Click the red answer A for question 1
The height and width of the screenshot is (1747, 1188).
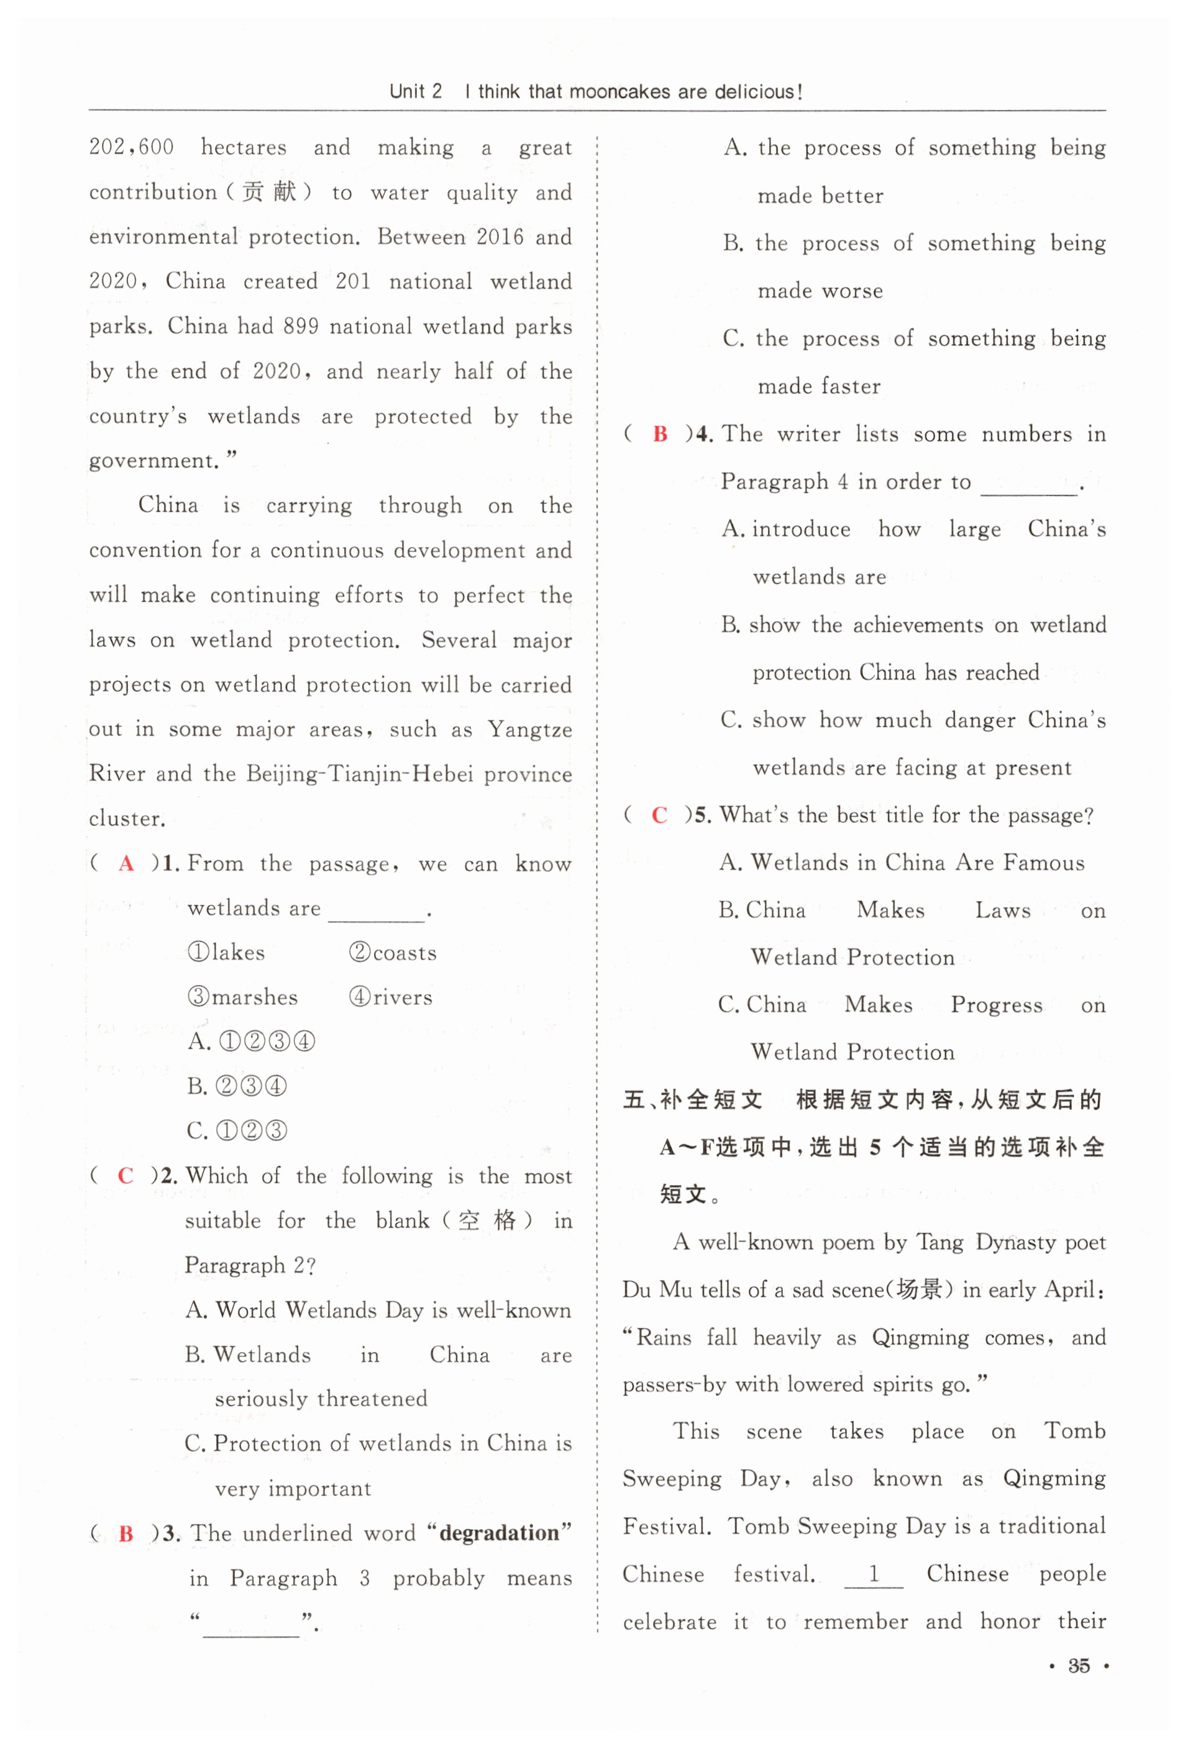(x=126, y=863)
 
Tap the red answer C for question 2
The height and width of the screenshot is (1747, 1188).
(x=126, y=1176)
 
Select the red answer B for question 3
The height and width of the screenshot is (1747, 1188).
(x=126, y=1533)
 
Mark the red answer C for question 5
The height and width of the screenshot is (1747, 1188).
(x=659, y=815)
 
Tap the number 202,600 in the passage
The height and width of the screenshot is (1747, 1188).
(x=132, y=147)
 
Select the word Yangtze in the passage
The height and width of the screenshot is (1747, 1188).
(x=529, y=729)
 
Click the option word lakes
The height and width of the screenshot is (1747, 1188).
(x=239, y=953)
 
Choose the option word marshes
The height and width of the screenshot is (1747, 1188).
(x=254, y=997)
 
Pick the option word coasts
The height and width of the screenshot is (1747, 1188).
(x=404, y=953)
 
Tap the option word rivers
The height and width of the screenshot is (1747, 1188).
(x=402, y=997)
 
